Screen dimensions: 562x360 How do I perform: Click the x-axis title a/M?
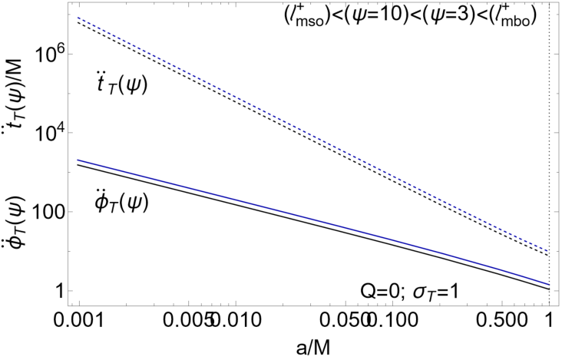coord(313,348)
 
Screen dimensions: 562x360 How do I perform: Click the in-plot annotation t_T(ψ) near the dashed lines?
coord(122,84)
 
